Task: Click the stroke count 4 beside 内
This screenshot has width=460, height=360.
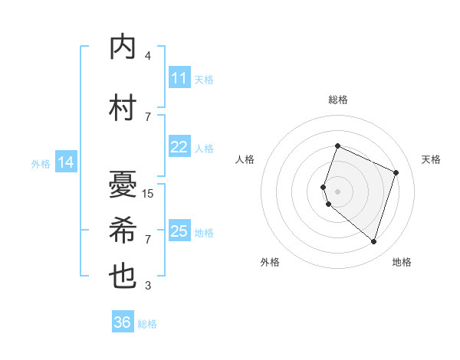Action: (148, 56)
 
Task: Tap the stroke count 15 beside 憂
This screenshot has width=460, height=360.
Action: (148, 194)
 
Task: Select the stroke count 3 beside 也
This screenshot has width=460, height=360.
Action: (148, 286)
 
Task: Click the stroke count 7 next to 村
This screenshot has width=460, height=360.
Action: (148, 117)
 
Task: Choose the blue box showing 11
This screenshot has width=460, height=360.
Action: (179, 78)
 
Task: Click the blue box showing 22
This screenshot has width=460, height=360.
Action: (179, 147)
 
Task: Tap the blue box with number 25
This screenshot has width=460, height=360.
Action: (179, 231)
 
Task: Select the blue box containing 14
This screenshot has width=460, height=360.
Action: (66, 162)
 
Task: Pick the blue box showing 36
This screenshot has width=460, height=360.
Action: (123, 322)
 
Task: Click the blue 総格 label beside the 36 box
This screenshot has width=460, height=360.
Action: (148, 324)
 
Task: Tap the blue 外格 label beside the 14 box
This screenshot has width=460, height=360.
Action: (41, 163)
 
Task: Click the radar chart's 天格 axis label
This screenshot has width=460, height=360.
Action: (432, 159)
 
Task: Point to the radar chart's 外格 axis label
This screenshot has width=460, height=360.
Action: (270, 262)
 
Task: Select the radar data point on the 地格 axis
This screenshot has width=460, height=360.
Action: (373, 241)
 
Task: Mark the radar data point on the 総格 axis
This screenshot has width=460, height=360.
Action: (337, 146)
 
